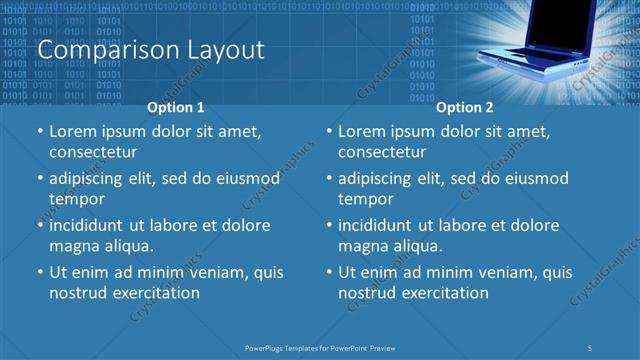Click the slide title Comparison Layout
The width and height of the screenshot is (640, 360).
pos(150,49)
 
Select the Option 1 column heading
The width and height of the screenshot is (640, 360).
pos(176,107)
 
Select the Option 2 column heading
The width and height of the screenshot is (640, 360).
pos(465,107)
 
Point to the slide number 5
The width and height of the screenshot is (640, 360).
pos(591,347)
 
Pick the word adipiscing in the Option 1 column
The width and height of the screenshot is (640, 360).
pos(89,179)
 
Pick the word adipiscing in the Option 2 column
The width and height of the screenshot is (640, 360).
pos(379,179)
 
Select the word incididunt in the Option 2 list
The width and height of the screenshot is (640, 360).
pos(380,226)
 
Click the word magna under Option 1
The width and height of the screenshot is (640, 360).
pos(73,246)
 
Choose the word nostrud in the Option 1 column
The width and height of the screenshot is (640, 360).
pos(77,293)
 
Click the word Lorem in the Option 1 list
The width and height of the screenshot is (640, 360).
pos(71,132)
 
